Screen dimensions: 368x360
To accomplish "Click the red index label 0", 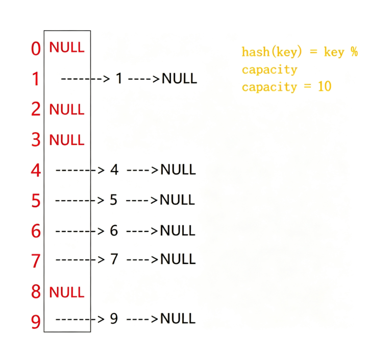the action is (36, 49).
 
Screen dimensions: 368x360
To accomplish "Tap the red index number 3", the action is (36, 139).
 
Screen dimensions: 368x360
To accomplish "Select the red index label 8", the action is (36, 292).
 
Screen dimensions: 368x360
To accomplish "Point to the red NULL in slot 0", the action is (67, 47).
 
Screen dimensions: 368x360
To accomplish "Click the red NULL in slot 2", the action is (67, 109).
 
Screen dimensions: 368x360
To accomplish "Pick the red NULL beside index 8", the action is (67, 293).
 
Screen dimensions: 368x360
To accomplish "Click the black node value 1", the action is (119, 78).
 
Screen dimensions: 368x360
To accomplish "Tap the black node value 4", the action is (114, 170).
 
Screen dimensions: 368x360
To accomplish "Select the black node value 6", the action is (114, 230).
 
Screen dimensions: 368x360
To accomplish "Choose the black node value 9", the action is (114, 319).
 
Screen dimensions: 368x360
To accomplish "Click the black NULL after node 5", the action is (177, 200).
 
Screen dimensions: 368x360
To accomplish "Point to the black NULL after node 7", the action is (178, 259).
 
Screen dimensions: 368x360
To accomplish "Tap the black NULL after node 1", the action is (180, 79).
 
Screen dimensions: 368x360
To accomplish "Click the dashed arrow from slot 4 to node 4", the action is (80, 170).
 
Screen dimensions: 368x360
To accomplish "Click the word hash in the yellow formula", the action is (256, 52).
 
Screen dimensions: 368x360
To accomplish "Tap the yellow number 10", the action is (325, 86).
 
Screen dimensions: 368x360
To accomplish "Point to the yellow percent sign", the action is (354, 52).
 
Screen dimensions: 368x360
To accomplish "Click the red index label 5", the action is (36, 201).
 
